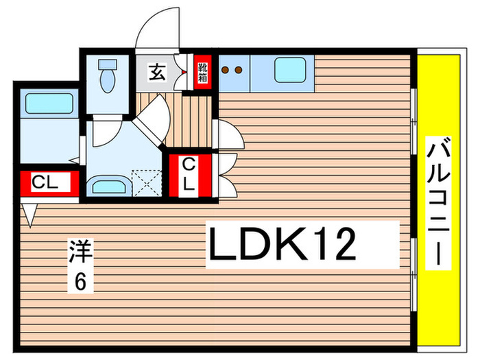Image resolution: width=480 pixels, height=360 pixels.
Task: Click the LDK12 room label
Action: pos(283,243)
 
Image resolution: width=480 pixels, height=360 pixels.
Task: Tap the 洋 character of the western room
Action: pos(81,251)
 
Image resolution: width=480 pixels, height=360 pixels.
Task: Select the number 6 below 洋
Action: pos(80,281)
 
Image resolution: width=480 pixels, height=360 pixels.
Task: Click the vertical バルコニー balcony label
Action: pos(438,203)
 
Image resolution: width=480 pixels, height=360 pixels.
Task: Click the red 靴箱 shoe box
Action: pos(203,72)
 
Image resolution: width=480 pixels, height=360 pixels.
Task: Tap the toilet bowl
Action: pos(108,80)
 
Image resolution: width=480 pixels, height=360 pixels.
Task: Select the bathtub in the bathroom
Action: pos(49,104)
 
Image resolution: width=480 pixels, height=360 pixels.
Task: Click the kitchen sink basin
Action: pos(290,70)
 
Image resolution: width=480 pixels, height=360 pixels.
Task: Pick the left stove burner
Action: pos(226,70)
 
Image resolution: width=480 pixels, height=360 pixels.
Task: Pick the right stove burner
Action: pos(239,70)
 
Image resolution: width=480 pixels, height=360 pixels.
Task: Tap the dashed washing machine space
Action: pos(147,183)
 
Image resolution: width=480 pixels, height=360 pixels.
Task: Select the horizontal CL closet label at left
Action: pos(45,182)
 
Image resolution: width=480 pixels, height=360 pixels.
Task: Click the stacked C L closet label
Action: pos(189,174)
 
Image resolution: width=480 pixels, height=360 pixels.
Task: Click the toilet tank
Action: pos(108,64)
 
